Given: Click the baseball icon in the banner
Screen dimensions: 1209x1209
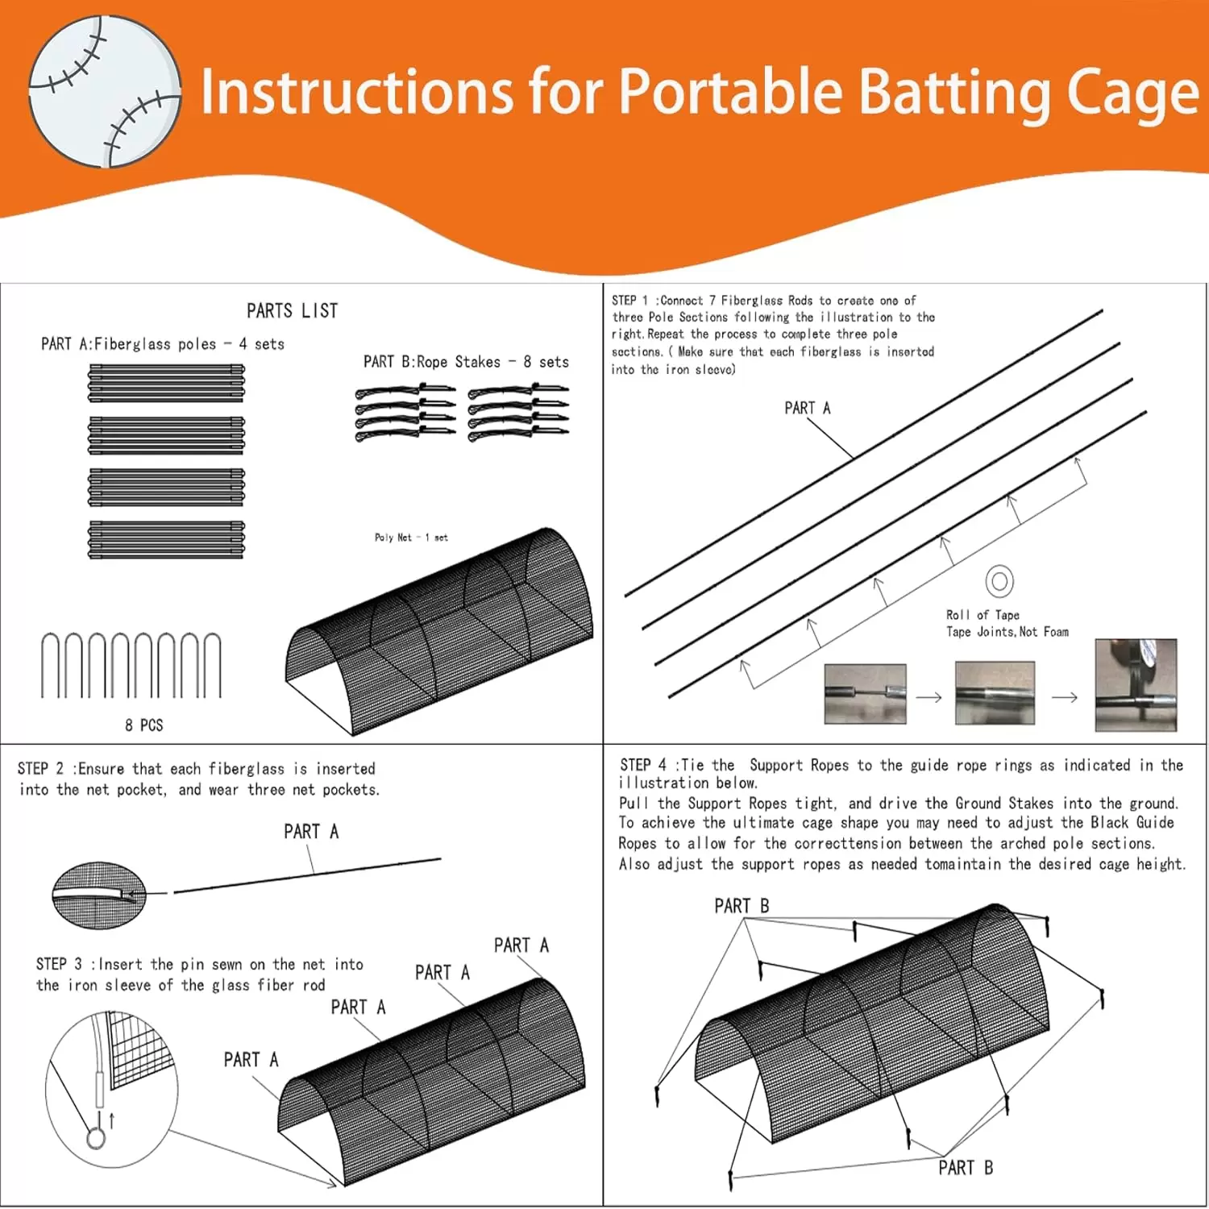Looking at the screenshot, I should (x=105, y=91).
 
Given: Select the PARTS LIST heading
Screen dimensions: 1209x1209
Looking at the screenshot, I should (x=292, y=311).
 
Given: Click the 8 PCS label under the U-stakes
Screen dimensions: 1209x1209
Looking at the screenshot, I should (x=143, y=725).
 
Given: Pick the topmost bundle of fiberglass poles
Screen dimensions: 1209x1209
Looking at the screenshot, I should (x=166, y=383).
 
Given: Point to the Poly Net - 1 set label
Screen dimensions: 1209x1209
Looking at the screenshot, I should (x=411, y=538).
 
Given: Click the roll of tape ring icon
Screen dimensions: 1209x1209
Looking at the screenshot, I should (x=999, y=581).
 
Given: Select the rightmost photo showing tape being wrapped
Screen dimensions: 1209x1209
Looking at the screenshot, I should (x=1136, y=685).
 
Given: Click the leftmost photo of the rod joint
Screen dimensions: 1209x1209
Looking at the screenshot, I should (x=865, y=694).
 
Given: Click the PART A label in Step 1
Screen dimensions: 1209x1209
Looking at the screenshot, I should (x=807, y=408).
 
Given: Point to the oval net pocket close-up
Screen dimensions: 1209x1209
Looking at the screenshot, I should (x=99, y=895).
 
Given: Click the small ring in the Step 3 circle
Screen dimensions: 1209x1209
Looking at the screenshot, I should (x=96, y=1138).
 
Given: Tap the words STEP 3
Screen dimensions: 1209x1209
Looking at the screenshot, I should (x=59, y=965).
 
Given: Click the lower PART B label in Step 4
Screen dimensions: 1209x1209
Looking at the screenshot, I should (x=966, y=1168).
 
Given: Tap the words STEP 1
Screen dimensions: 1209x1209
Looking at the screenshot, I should (x=629, y=301).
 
